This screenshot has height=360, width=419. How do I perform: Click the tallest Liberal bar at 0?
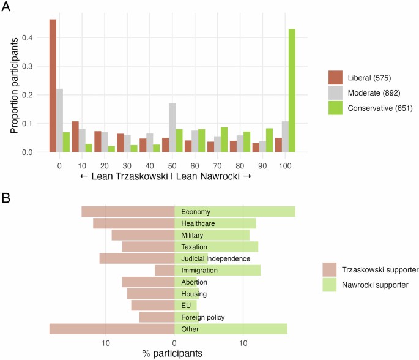coord(53,86)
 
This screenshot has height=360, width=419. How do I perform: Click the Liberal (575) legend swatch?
coord(335,78)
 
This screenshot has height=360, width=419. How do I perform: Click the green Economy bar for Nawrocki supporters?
coord(235,212)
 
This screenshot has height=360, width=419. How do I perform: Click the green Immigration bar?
coord(218,270)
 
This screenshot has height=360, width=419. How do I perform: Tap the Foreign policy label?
coord(203,317)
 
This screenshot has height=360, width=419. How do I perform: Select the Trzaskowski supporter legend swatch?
coord(330,269)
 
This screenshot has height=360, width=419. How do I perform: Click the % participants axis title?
coord(174,353)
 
